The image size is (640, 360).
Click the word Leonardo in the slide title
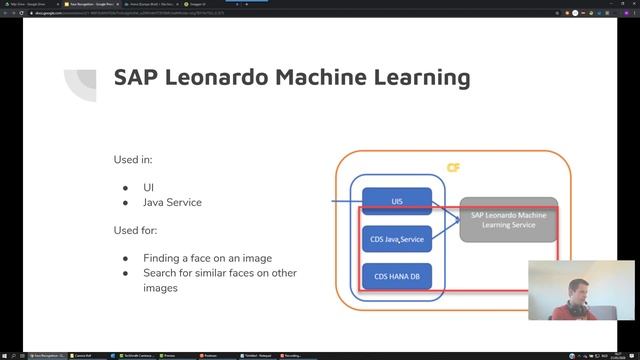(x=211, y=78)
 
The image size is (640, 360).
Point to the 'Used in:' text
(x=133, y=160)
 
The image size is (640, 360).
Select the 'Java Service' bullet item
(x=171, y=202)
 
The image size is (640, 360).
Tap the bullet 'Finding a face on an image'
(x=207, y=258)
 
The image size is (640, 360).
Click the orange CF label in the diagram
(x=453, y=168)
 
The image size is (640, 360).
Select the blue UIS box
(x=397, y=201)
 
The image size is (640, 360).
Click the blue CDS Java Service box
(x=397, y=240)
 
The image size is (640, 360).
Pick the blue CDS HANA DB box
(x=397, y=276)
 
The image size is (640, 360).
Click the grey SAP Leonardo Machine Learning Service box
(x=508, y=219)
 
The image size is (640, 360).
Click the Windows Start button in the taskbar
(x=5, y=355)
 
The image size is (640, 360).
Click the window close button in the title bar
(x=632, y=4)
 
